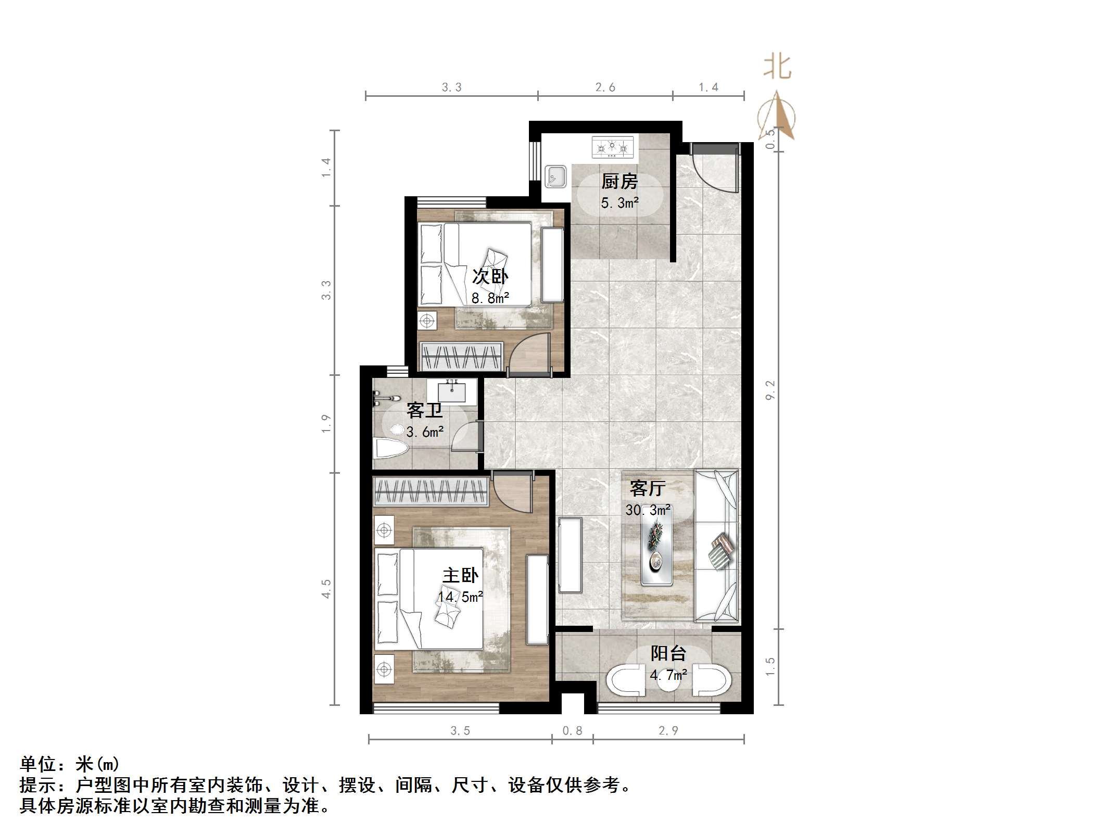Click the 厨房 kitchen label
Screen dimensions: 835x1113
pyautogui.click(x=619, y=182)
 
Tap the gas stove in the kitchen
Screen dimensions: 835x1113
pyautogui.click(x=613, y=147)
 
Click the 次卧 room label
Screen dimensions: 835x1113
pyautogui.click(x=490, y=276)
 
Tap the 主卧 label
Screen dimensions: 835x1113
pyautogui.click(x=460, y=575)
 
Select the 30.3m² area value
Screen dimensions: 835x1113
pyautogui.click(x=648, y=510)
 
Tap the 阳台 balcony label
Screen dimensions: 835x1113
pyautogui.click(x=668, y=653)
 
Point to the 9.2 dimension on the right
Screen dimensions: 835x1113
pyautogui.click(x=770, y=390)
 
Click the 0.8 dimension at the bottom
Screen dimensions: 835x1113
pyautogui.click(x=572, y=731)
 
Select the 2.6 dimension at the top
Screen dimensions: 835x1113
pyautogui.click(x=605, y=87)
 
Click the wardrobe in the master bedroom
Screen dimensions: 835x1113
pyautogui.click(x=431, y=491)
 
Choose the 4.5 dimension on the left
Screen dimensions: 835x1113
pyautogui.click(x=326, y=589)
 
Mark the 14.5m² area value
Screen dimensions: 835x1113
pyautogui.click(x=460, y=597)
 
